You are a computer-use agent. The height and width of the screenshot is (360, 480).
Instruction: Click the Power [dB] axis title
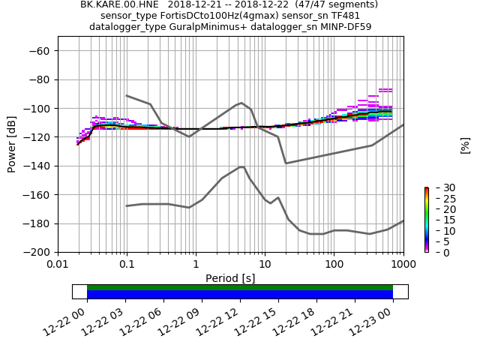tap(12, 144)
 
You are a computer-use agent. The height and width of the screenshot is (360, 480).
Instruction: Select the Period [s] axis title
tap(230, 278)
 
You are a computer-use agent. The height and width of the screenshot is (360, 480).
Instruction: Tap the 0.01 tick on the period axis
tap(58, 265)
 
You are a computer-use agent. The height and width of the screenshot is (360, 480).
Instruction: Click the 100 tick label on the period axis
tap(334, 265)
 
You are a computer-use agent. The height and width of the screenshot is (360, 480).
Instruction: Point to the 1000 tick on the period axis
tap(403, 265)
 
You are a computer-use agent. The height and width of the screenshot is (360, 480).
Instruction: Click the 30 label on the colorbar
tap(439, 187)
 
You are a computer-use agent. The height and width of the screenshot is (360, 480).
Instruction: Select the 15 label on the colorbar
tap(439, 220)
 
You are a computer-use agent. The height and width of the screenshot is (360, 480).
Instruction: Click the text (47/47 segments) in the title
tap(339, 4)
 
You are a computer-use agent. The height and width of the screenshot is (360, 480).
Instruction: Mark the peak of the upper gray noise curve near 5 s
tap(241, 103)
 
